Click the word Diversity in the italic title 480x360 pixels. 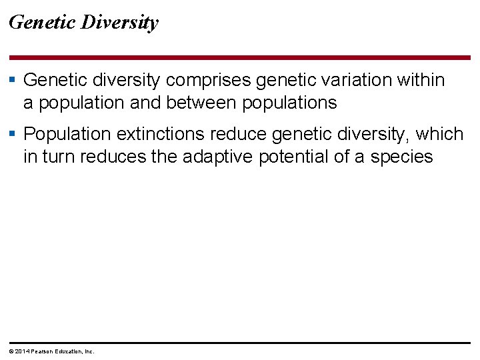[x=120, y=23]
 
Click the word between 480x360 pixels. [x=203, y=103]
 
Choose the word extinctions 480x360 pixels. [x=160, y=134]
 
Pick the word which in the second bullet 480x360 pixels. [x=439, y=134]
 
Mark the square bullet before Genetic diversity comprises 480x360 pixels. [x=13, y=80]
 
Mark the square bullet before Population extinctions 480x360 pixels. [x=13, y=134]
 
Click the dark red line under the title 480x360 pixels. [x=240, y=58]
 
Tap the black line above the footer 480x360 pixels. [x=240, y=343]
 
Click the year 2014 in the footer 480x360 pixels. [x=22, y=351]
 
